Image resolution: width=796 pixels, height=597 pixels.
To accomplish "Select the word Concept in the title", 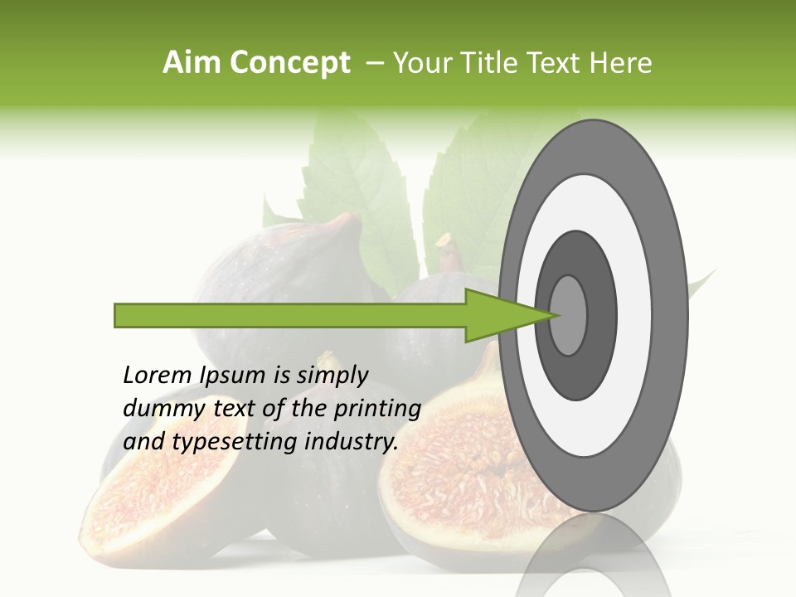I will [291, 64].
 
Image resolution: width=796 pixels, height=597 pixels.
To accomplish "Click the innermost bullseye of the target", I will [569, 315].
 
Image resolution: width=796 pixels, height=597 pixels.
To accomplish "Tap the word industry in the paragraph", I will [352, 442].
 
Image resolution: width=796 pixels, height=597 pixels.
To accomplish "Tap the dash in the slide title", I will [374, 63].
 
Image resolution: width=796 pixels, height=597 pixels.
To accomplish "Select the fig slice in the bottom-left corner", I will [141, 506].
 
